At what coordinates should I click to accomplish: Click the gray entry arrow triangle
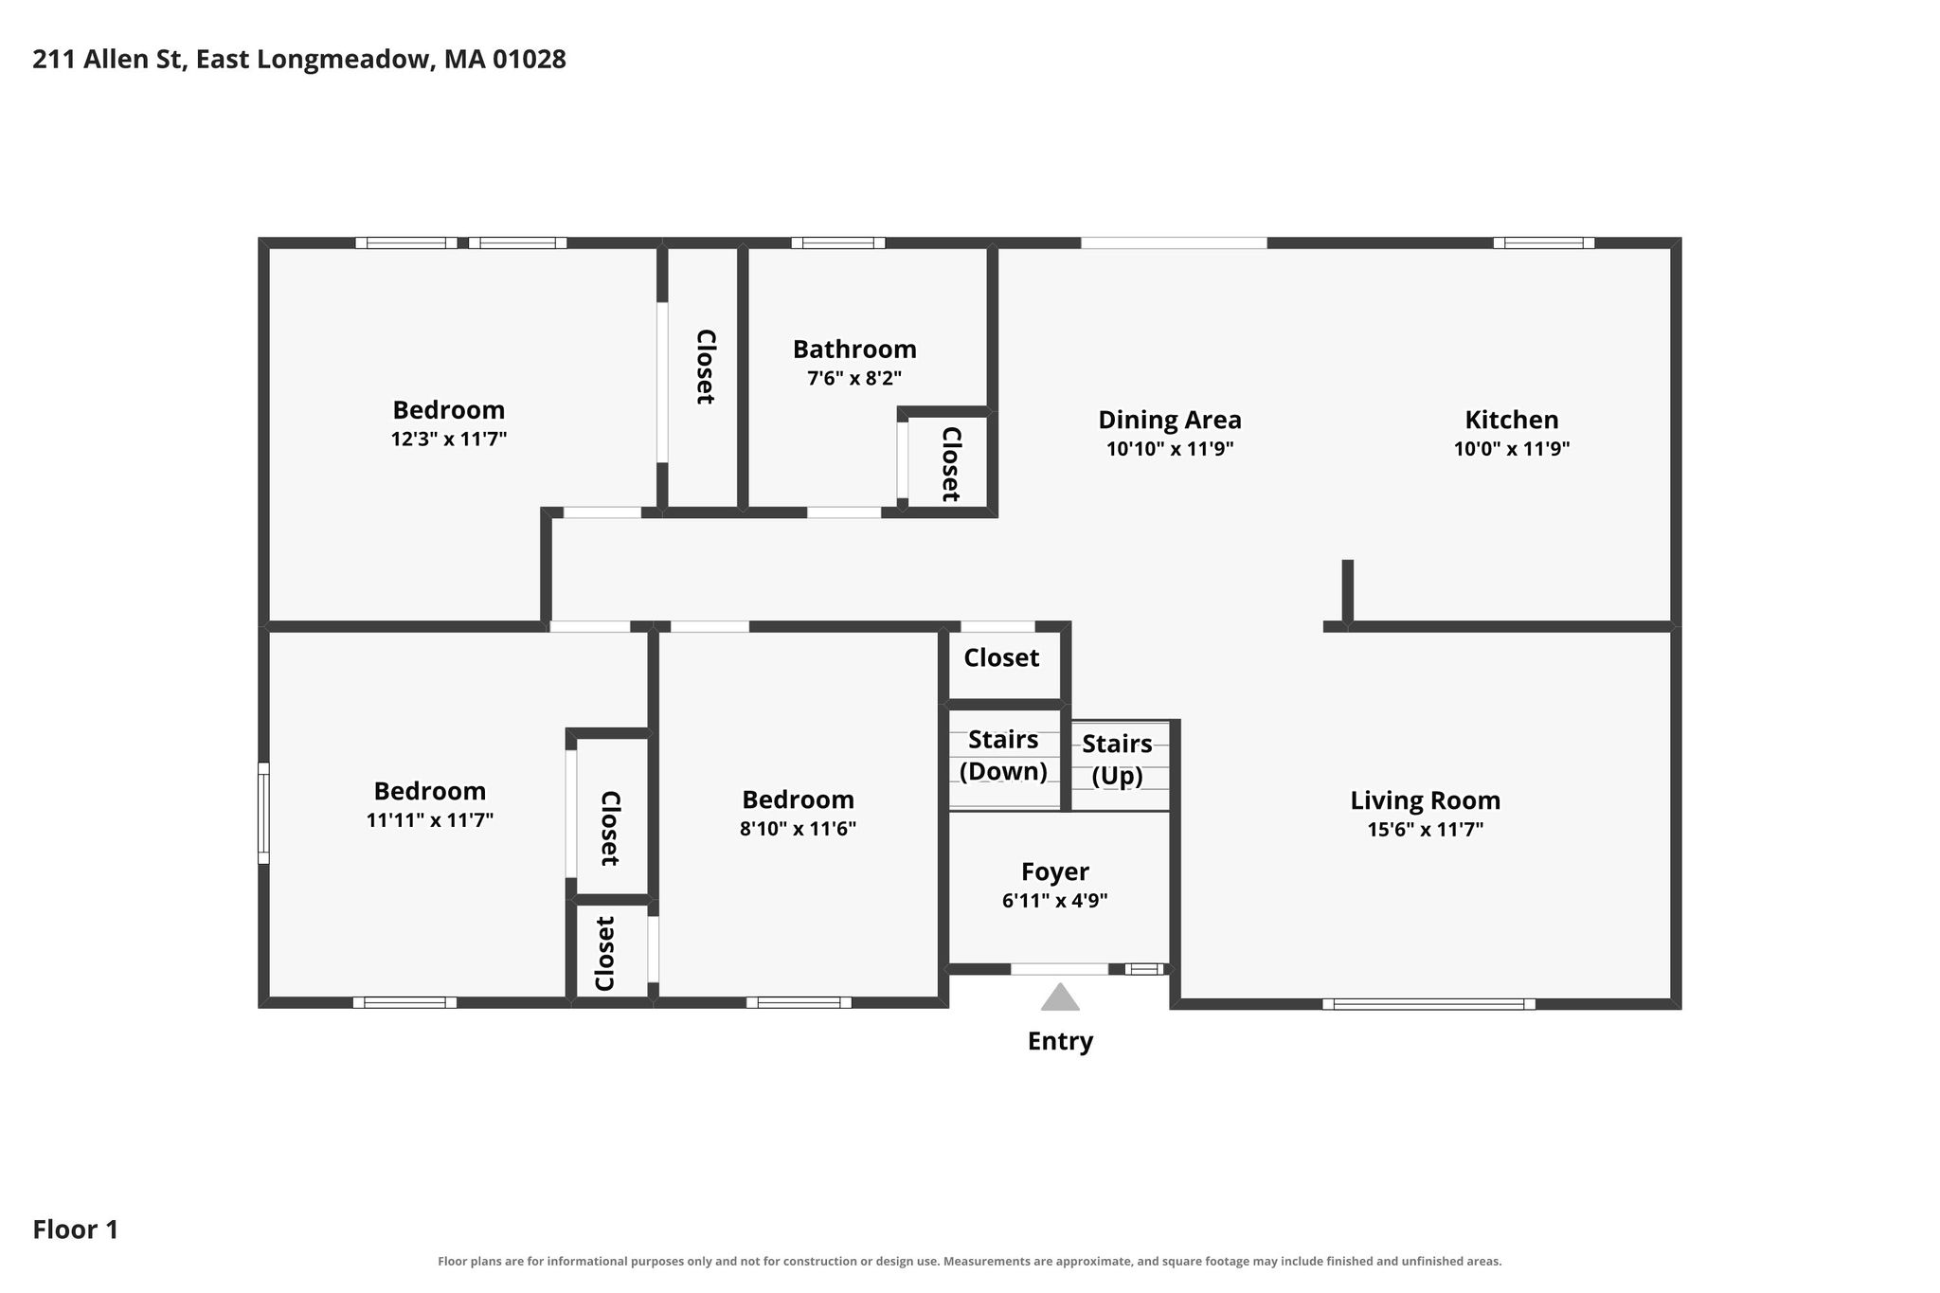pyautogui.click(x=1060, y=997)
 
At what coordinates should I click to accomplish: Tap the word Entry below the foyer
pyautogui.click(x=1060, y=1041)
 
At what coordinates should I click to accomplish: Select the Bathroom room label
pyautogui.click(x=854, y=350)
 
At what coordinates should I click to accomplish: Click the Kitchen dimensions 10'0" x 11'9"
pyautogui.click(x=1512, y=448)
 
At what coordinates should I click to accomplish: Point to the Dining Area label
pyautogui.click(x=1170, y=420)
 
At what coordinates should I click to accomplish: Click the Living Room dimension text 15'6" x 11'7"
pyautogui.click(x=1426, y=830)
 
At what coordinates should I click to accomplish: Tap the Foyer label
pyautogui.click(x=1055, y=871)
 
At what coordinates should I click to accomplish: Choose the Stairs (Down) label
pyautogui.click(x=1003, y=755)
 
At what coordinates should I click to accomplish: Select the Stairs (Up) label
pyautogui.click(x=1118, y=760)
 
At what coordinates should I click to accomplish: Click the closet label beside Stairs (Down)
pyautogui.click(x=1001, y=657)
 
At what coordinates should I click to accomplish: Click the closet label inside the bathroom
pyautogui.click(x=951, y=464)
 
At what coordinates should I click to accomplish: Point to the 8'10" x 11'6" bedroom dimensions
pyautogui.click(x=798, y=829)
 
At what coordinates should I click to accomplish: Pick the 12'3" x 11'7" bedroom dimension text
pyautogui.click(x=449, y=440)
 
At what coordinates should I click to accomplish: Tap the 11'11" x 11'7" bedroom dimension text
pyautogui.click(x=430, y=820)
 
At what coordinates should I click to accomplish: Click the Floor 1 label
pyautogui.click(x=76, y=1230)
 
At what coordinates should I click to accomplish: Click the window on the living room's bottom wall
pyautogui.click(x=1428, y=1004)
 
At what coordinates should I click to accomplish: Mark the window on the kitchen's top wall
pyautogui.click(x=1544, y=242)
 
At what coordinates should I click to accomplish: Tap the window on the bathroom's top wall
pyautogui.click(x=838, y=242)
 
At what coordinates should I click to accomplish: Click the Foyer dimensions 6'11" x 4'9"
pyautogui.click(x=1055, y=901)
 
